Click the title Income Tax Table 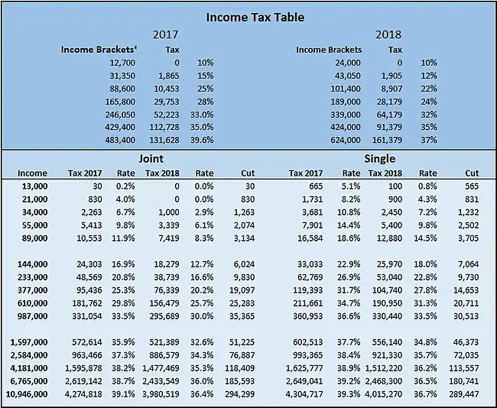tap(248, 17)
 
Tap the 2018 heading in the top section tap(388, 34)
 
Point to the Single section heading tap(380, 158)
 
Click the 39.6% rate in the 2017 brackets tap(202, 140)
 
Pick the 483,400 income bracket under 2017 tap(120, 140)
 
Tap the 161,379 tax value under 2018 tap(386, 140)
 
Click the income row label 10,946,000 tap(26, 394)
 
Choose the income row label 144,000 tap(31, 264)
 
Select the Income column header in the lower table tap(32, 173)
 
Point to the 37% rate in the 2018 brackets tap(429, 140)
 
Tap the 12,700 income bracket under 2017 tap(123, 62)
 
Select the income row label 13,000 tap(34, 186)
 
